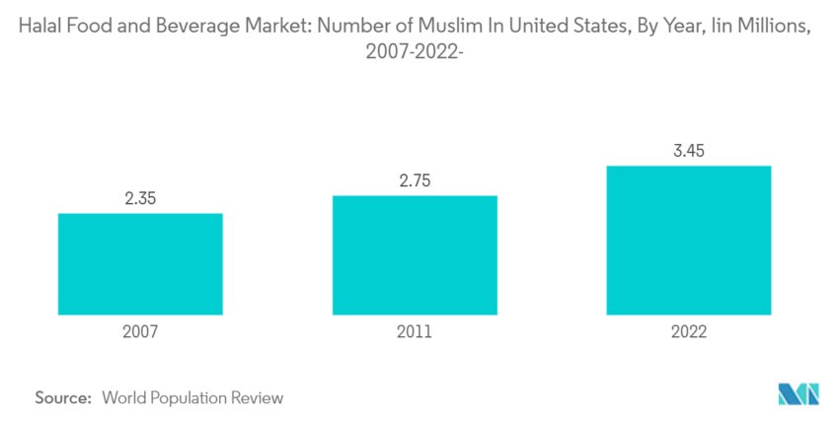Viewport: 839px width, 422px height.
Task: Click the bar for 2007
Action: click(x=140, y=263)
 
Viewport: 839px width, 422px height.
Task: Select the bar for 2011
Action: click(x=415, y=254)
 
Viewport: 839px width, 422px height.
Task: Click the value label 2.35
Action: click(x=140, y=198)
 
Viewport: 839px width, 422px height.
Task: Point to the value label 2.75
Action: click(x=415, y=180)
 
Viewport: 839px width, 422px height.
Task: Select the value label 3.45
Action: click(x=689, y=151)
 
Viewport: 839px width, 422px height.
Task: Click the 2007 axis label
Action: click(x=140, y=333)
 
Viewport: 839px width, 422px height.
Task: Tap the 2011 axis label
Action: click(x=415, y=333)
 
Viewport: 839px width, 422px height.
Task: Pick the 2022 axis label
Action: click(x=689, y=333)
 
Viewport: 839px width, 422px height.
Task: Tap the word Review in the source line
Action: click(x=258, y=398)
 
